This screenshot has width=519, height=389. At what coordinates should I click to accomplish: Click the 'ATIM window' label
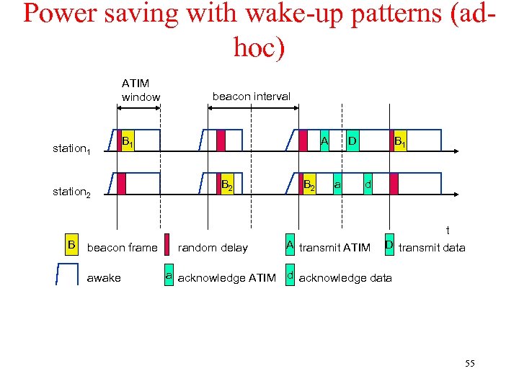(x=141, y=90)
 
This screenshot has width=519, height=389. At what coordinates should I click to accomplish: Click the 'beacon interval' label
(x=251, y=96)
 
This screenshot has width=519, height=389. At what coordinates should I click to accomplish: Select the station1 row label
(x=71, y=149)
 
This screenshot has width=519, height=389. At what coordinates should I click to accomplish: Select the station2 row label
(x=71, y=192)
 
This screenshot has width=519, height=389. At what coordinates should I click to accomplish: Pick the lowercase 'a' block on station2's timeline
(x=337, y=184)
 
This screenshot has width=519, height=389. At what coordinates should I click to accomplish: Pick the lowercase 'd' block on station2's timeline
(x=368, y=184)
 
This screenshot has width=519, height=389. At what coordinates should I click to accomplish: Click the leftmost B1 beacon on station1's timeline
(x=126, y=140)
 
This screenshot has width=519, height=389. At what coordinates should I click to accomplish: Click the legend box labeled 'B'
(x=71, y=245)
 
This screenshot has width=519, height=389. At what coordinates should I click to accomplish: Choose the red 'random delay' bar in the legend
(x=168, y=246)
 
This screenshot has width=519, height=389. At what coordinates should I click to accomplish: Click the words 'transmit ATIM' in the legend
(x=334, y=248)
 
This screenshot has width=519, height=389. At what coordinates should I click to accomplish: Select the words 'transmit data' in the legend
(x=432, y=248)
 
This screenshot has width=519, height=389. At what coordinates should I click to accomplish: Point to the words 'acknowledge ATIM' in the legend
(x=226, y=278)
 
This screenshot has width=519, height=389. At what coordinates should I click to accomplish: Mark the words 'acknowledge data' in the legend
(x=345, y=278)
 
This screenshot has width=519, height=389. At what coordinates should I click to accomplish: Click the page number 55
(x=469, y=364)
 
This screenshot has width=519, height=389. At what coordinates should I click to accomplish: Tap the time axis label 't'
(x=448, y=231)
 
